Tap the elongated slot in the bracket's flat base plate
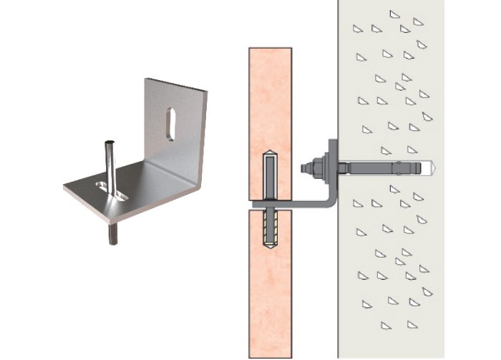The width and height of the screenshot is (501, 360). click(111, 189)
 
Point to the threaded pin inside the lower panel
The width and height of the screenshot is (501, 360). click(270, 229)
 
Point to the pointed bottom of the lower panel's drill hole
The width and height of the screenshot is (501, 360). click(270, 247)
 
